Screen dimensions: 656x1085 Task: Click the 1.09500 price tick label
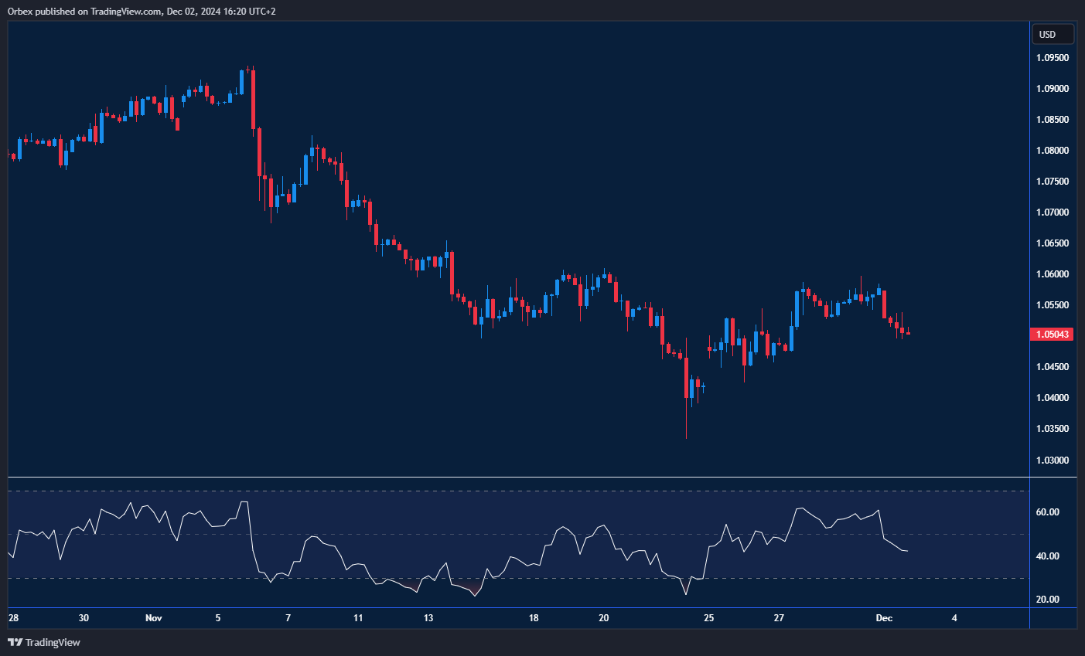coord(1053,58)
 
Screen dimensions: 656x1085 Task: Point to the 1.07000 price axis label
coord(1053,212)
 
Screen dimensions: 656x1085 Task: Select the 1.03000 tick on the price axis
coord(1053,460)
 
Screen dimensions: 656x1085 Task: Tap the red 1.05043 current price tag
coord(1053,335)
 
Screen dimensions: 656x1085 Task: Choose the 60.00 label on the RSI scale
coord(1047,512)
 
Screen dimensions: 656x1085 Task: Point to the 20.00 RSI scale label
coord(1047,600)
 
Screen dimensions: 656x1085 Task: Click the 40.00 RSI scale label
coord(1047,556)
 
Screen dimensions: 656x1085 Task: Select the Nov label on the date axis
coord(153,618)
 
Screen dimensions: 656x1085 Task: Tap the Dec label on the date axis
coord(884,618)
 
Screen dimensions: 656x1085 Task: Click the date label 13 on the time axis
coord(428,618)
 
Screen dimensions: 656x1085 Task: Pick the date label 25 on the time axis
coord(708,618)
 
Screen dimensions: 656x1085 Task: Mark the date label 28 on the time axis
coord(13,618)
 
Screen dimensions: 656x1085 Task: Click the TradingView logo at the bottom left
coord(44,642)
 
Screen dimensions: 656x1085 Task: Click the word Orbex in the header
coord(20,12)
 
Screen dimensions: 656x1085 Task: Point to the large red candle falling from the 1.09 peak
coord(253,99)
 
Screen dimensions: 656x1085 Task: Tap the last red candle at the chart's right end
coord(908,333)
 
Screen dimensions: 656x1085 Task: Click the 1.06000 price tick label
coord(1053,274)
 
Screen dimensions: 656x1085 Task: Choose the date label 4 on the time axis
coord(954,618)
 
